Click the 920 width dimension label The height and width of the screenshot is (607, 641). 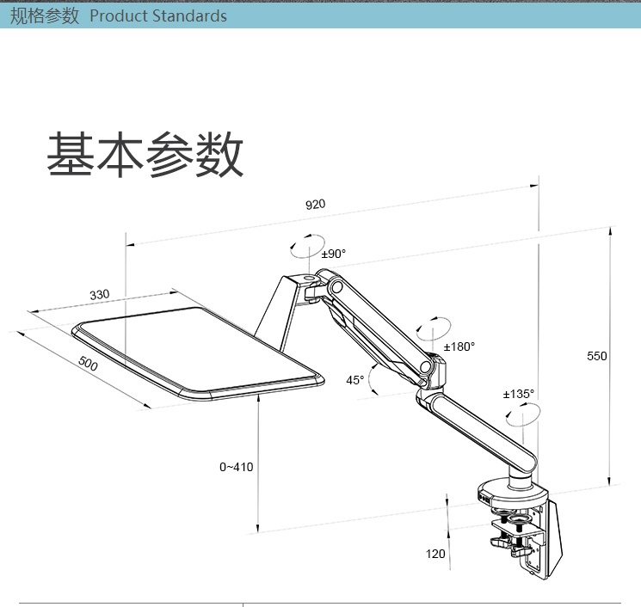click(316, 205)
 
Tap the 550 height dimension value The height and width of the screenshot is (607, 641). click(597, 356)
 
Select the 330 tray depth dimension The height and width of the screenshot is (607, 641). click(100, 295)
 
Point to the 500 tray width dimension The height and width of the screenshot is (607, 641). click(88, 364)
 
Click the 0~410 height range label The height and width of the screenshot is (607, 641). click(237, 467)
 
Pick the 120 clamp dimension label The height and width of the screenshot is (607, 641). click(436, 554)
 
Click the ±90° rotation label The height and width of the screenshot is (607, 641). click(333, 254)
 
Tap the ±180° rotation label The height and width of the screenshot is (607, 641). click(459, 346)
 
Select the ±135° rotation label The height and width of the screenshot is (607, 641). click(518, 394)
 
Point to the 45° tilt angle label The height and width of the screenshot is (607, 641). click(354, 379)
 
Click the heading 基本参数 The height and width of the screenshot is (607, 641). click(145, 156)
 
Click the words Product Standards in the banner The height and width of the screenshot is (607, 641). click(158, 16)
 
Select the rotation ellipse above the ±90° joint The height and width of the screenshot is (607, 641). click(308, 246)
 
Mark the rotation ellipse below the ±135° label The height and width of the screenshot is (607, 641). click(523, 418)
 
